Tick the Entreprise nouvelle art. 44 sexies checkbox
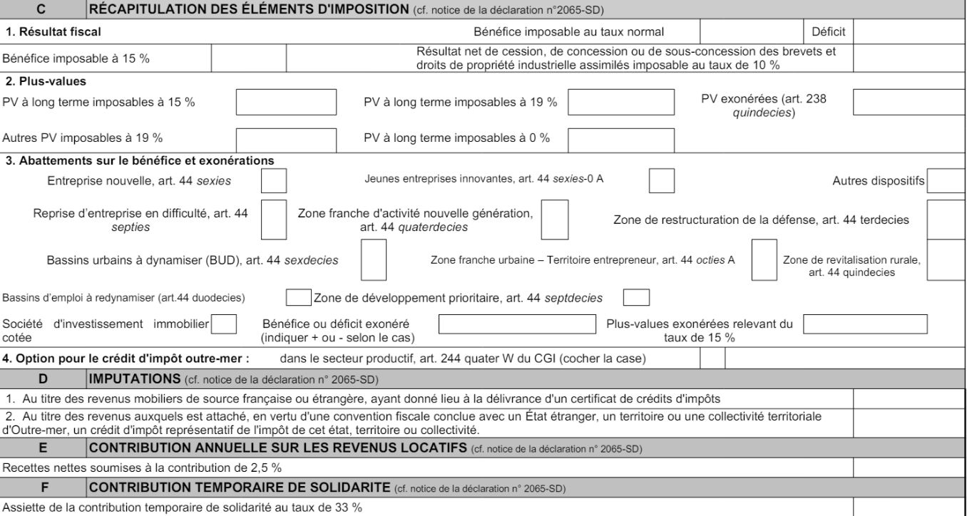click(x=274, y=180)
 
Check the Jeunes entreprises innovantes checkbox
click(x=662, y=180)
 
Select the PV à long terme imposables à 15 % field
click(x=286, y=103)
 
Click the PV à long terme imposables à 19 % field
click(x=620, y=103)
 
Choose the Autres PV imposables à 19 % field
click(x=286, y=138)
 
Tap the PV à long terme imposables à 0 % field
click(x=620, y=138)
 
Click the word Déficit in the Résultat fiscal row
click(x=828, y=31)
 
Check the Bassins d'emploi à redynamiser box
click(x=298, y=296)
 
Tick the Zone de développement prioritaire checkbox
click(x=636, y=296)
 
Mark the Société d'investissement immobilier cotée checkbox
click(x=225, y=324)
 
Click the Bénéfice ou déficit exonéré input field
click(x=517, y=324)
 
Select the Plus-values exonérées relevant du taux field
click(x=865, y=324)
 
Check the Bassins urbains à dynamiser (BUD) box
click(x=374, y=260)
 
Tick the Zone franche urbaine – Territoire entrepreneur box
click(x=764, y=260)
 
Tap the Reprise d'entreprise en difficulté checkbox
click(x=274, y=220)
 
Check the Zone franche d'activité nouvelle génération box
click(x=555, y=220)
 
